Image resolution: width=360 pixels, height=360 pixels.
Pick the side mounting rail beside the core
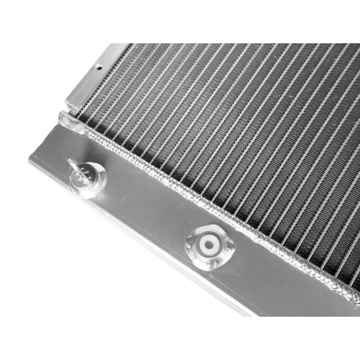pyautogui.click(x=95, y=74)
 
